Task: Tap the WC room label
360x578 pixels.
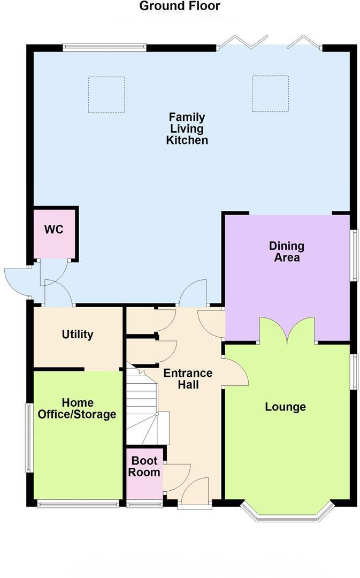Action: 53,230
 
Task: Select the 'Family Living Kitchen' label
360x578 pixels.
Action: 187,128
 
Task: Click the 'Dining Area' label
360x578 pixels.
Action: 287,252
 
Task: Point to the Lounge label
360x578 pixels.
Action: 286,407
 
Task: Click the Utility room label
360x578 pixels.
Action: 78,334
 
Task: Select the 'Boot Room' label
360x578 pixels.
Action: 144,466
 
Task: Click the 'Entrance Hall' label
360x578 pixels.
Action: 188,378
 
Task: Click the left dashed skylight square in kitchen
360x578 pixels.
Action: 106,95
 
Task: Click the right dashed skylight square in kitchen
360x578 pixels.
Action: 271,94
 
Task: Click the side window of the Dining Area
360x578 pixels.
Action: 354,255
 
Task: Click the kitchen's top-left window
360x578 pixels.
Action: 104,48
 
